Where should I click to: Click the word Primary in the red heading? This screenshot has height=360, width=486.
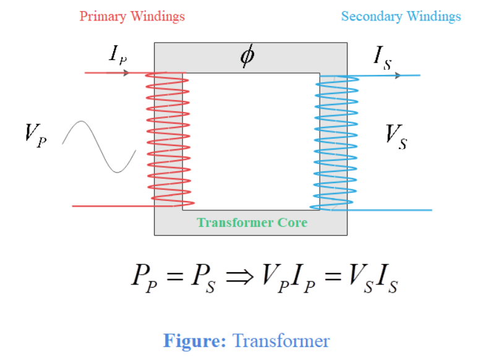click(103, 17)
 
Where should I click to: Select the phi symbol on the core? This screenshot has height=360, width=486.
click(247, 56)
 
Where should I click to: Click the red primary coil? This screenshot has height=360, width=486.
click(168, 139)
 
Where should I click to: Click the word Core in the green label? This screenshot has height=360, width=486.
click(291, 222)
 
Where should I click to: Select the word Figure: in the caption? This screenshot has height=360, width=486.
click(194, 341)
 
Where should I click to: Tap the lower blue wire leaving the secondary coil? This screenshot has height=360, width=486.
click(396, 210)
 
